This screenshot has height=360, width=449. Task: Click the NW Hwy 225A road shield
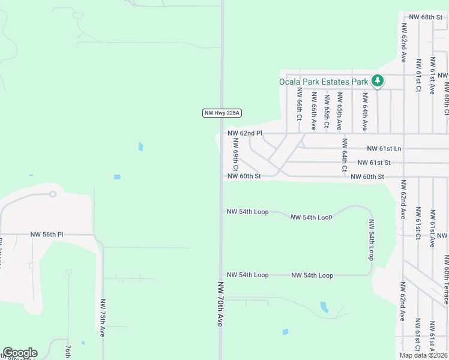(x=222, y=113)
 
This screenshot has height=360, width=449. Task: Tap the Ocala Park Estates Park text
(x=324, y=82)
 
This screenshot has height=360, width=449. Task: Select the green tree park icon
(x=377, y=81)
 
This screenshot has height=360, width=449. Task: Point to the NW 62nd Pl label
(x=245, y=133)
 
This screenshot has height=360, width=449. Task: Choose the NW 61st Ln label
(x=384, y=148)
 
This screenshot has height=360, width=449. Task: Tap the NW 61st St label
(x=374, y=163)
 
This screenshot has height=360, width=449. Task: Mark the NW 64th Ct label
(x=345, y=155)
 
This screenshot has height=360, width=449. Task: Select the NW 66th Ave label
(x=313, y=112)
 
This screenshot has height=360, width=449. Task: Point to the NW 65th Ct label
(x=327, y=111)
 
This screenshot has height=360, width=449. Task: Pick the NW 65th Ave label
(x=340, y=112)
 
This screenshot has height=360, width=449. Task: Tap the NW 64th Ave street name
(x=364, y=112)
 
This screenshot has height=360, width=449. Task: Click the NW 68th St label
(x=425, y=17)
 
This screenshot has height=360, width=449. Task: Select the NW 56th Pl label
(x=47, y=235)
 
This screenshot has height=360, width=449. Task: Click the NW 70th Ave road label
(x=221, y=304)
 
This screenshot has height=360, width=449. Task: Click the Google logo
(x=20, y=353)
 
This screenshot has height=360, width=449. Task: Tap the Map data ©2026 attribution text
(x=423, y=355)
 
